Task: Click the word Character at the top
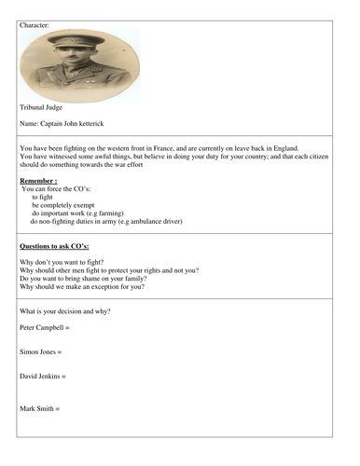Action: pos(35,25)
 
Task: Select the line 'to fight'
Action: pos(44,197)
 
